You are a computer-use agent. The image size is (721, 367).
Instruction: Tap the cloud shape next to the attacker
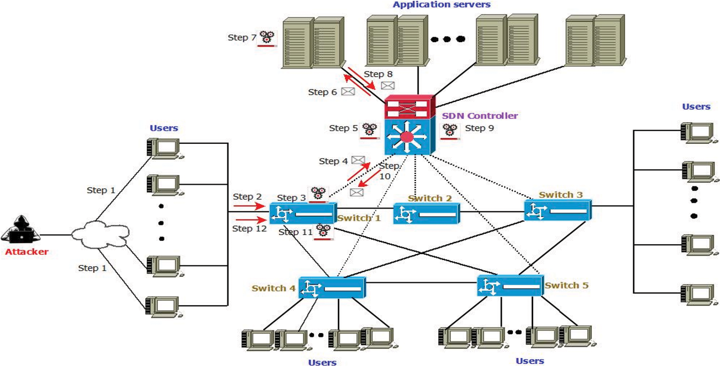[100, 234]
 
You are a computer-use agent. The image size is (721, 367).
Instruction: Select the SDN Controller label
[480, 116]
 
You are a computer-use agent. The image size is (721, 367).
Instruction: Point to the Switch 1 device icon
[303, 213]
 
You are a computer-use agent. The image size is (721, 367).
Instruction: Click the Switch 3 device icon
[557, 210]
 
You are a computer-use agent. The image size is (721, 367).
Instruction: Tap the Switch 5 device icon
[510, 286]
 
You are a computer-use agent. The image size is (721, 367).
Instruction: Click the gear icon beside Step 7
[267, 38]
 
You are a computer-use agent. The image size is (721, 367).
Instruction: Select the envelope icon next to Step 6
[348, 92]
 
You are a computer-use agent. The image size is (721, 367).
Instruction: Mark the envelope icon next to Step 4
[358, 160]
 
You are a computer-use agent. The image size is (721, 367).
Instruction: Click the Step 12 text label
[249, 229]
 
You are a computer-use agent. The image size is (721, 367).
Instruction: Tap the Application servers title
[441, 5]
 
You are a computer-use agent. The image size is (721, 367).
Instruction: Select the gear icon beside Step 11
[323, 231]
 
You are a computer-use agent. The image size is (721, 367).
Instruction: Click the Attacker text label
[27, 252]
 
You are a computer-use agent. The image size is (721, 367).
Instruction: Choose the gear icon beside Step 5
[369, 130]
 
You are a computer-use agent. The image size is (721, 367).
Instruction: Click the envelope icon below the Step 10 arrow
[356, 192]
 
